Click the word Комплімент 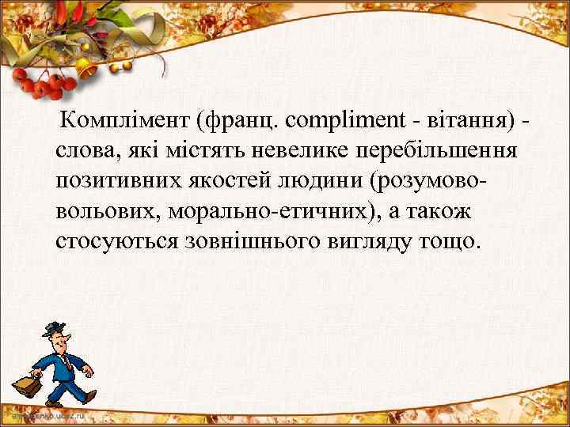127,121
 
